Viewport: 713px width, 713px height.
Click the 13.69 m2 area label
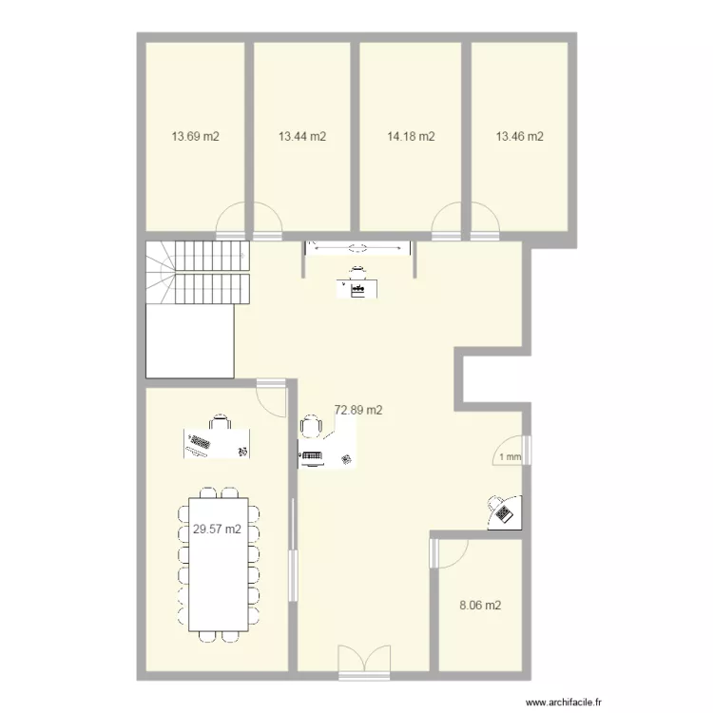click(195, 137)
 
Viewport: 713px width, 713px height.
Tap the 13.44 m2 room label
click(302, 137)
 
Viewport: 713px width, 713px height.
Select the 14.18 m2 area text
click(411, 137)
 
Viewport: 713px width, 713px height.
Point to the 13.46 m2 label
click(519, 137)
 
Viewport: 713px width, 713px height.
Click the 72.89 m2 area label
click(358, 411)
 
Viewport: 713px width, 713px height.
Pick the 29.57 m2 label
click(217, 530)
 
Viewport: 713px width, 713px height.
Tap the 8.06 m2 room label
click(480, 605)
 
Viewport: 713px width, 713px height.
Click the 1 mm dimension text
click(511, 457)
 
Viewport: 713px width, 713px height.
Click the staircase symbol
click(197, 273)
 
